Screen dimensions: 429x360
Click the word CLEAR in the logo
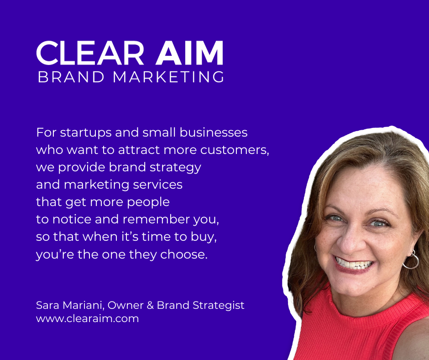pyautogui.click(x=90, y=53)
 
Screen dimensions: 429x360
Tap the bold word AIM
pyautogui.click(x=189, y=53)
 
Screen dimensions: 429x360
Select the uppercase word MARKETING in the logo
pyautogui.click(x=168, y=77)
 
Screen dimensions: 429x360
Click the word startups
pyautogui.click(x=86, y=133)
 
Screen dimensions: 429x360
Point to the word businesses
pyautogui.click(x=214, y=132)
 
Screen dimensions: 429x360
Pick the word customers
pyautogui.click(x=235, y=150)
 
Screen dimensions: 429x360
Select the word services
pyautogui.click(x=157, y=185)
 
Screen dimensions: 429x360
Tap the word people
pyautogui.click(x=148, y=202)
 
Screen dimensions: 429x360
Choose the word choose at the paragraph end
pyautogui.click(x=184, y=254)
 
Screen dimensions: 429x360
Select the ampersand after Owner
pyautogui.click(x=150, y=305)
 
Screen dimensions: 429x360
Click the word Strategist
pyautogui.click(x=218, y=306)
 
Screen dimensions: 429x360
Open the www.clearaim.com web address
pyautogui.click(x=87, y=318)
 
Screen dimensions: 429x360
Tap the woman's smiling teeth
pyautogui.click(x=354, y=264)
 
